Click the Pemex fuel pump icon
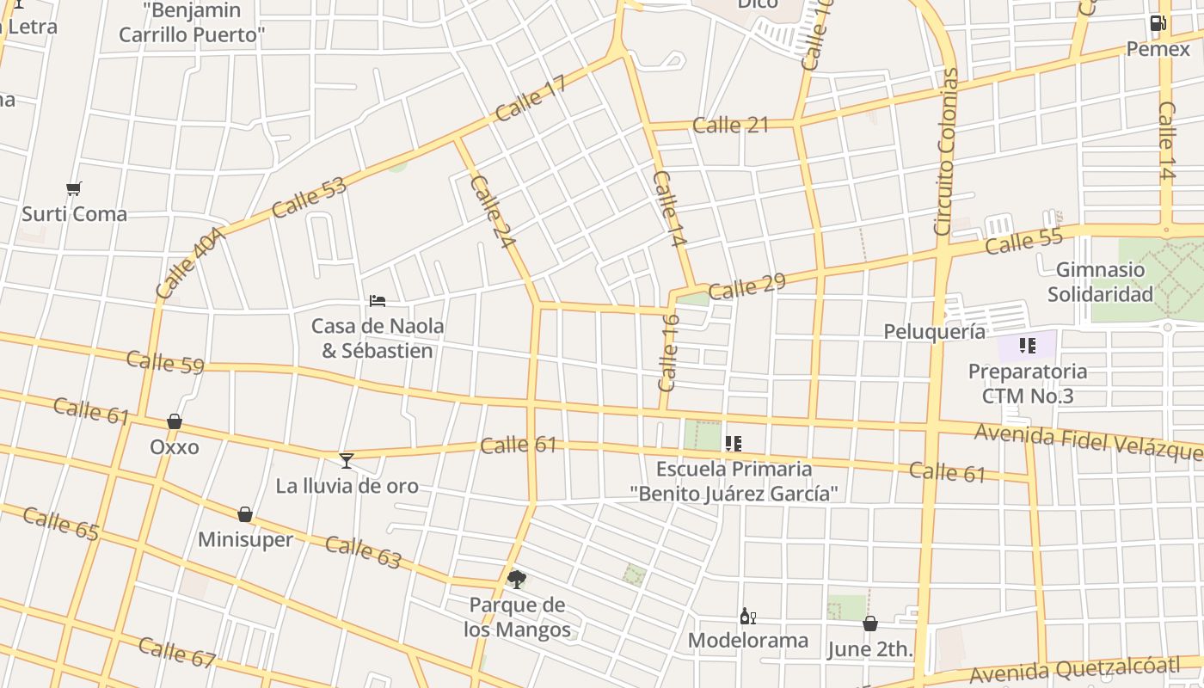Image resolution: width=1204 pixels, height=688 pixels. pyautogui.click(x=1158, y=23)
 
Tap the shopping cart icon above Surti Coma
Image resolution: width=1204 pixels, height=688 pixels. pyautogui.click(x=74, y=188)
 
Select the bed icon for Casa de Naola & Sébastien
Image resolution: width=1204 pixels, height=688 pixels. pyautogui.click(x=377, y=300)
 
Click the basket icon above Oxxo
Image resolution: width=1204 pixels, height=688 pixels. pyautogui.click(x=175, y=421)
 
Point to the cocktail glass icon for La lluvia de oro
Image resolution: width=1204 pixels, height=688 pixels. pyautogui.click(x=347, y=461)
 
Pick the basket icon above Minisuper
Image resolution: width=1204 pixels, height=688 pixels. pyautogui.click(x=245, y=514)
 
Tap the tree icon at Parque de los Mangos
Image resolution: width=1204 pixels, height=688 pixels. pyautogui.click(x=516, y=579)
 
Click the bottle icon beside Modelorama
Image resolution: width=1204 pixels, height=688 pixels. pyautogui.click(x=747, y=616)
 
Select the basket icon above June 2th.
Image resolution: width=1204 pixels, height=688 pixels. pyautogui.click(x=870, y=623)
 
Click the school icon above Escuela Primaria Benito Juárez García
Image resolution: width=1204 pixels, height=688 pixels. pyautogui.click(x=733, y=444)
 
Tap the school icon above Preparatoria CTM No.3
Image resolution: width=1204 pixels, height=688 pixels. pyautogui.click(x=1027, y=346)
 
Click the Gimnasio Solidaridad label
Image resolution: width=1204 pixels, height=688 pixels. pyautogui.click(x=1100, y=282)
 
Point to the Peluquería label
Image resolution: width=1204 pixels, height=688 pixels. pyautogui.click(x=935, y=331)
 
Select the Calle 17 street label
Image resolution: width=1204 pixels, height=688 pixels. pyautogui.click(x=531, y=98)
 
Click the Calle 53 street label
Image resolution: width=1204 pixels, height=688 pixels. pyautogui.click(x=309, y=197)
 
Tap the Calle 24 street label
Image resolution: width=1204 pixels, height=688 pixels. pyautogui.click(x=493, y=212)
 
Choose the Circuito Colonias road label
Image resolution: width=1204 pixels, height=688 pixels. pyautogui.click(x=945, y=152)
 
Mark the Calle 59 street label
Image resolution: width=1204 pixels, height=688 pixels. pyautogui.click(x=165, y=362)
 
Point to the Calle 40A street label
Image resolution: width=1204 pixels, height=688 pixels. pyautogui.click(x=190, y=262)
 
